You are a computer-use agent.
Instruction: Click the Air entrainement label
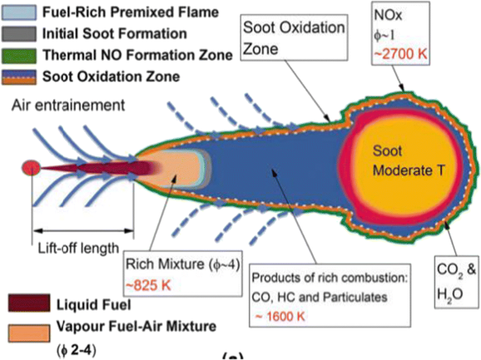[68, 105]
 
